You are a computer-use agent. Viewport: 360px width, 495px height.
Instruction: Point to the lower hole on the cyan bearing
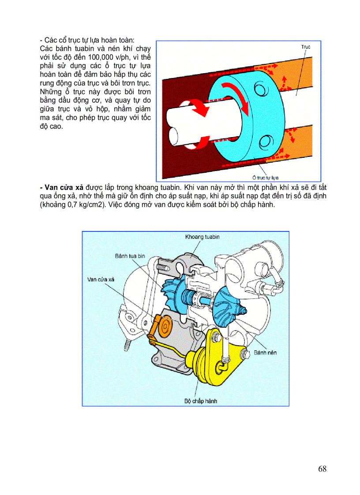[x=266, y=142]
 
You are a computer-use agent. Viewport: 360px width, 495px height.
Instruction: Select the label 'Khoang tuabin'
[x=202, y=237]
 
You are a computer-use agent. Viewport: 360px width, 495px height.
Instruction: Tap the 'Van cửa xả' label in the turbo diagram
[x=101, y=279]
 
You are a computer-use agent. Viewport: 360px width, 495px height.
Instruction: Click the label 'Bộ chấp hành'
[x=200, y=401]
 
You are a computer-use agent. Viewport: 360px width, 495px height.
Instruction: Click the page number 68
[x=322, y=469]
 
